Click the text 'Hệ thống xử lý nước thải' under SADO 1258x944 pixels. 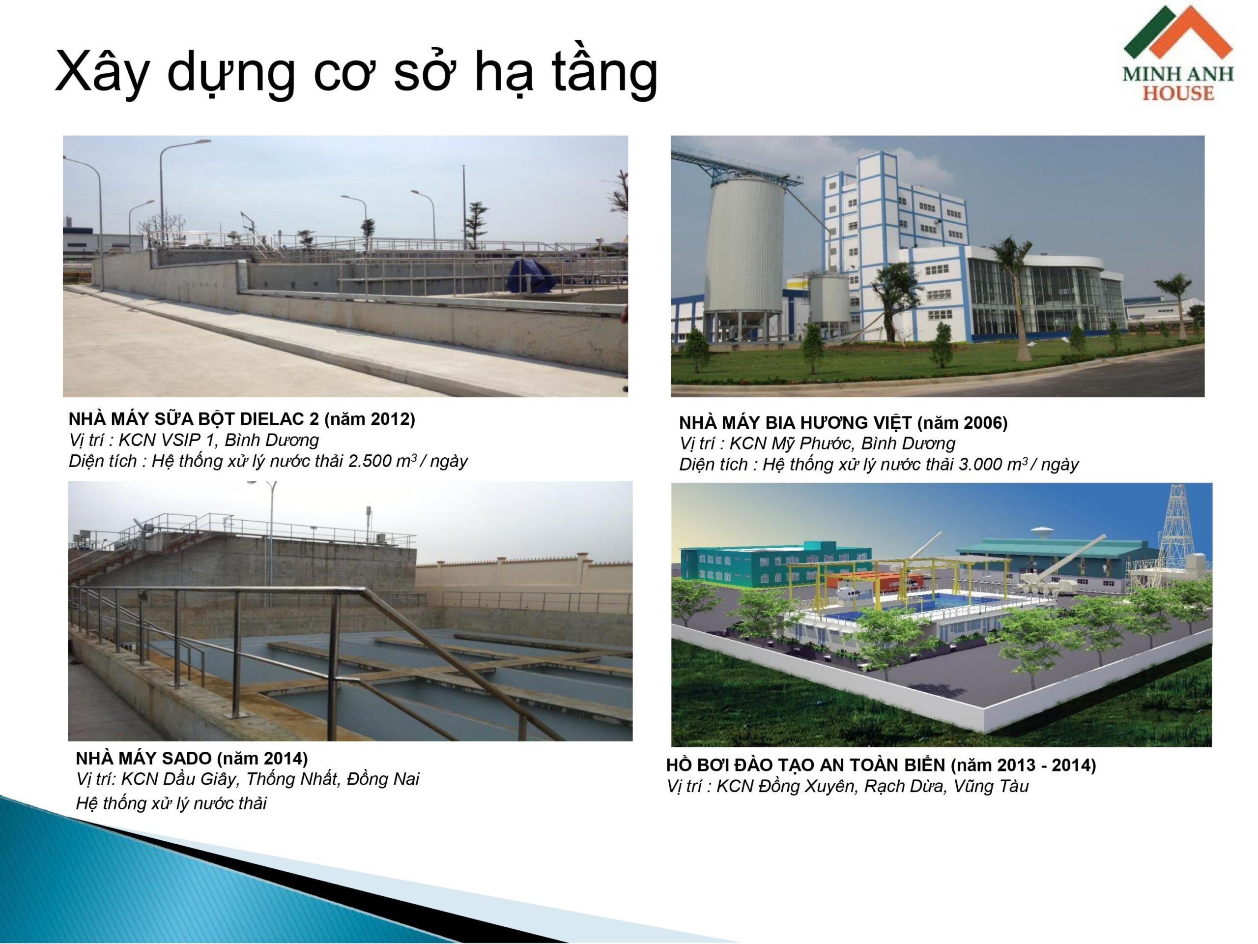click(171, 803)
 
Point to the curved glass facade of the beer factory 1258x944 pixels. click(1041, 299)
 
